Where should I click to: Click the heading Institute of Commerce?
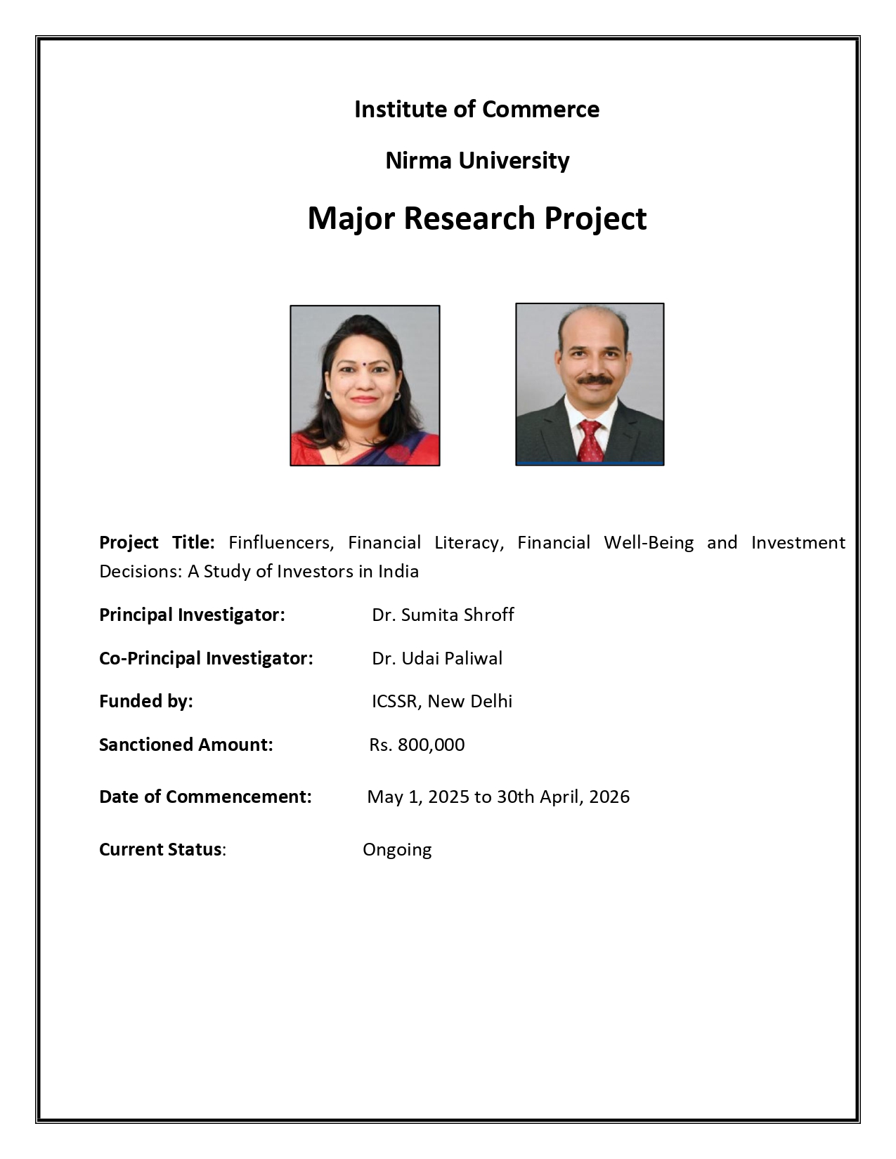coord(476,110)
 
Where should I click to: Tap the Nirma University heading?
coord(477,161)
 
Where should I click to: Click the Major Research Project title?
coord(476,218)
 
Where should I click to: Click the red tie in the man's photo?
coord(590,440)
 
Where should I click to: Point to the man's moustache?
coord(595,380)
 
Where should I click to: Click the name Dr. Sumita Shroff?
coord(443,615)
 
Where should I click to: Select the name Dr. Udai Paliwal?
coord(437,658)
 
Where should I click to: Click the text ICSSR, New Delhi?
coord(442,701)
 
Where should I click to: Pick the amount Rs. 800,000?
coord(417,745)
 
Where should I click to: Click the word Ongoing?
coord(397,850)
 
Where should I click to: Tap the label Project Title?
coord(157,542)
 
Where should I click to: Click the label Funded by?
coord(146,701)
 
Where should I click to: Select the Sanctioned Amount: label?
coord(186,745)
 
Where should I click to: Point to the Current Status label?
coord(161,849)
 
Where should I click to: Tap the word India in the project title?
coord(398,571)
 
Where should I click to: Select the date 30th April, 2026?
coord(563,797)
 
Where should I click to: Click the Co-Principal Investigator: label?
coord(206,658)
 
